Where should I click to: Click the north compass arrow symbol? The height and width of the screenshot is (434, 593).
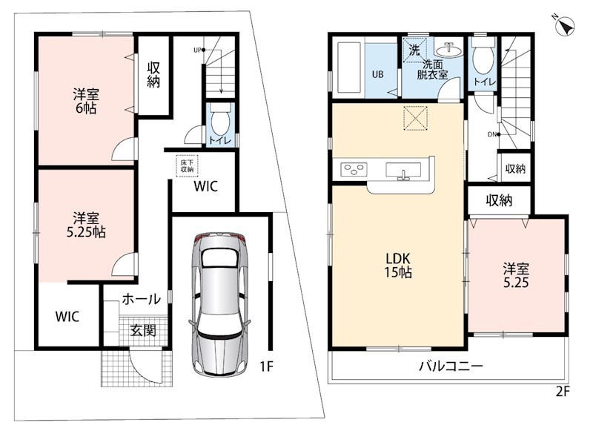[565, 26]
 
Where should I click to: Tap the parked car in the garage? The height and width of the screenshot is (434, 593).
[219, 304]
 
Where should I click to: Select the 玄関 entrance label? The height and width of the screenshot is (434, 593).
[143, 330]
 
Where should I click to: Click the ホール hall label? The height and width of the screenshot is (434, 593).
[141, 299]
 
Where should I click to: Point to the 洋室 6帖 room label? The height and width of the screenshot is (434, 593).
[85, 101]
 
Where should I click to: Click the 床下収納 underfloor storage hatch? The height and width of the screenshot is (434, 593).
[187, 166]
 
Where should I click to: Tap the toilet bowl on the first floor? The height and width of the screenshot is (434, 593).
[219, 119]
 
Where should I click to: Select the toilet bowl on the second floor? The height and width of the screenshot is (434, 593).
[483, 56]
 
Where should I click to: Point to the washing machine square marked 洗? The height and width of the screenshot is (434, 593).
[415, 50]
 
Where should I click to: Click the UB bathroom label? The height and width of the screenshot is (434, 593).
[377, 74]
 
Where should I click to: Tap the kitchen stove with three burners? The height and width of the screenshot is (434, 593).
[354, 168]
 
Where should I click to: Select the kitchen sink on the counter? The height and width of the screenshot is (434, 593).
[403, 170]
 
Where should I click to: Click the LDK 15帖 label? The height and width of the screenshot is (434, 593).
[398, 266]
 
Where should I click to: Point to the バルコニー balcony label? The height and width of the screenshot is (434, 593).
[451, 366]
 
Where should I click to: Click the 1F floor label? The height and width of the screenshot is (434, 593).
[266, 366]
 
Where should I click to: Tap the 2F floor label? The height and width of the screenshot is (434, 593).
[563, 391]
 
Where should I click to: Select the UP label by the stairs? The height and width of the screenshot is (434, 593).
[197, 50]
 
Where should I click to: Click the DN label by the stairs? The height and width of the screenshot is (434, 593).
[492, 134]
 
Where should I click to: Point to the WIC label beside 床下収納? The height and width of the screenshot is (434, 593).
[206, 186]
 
